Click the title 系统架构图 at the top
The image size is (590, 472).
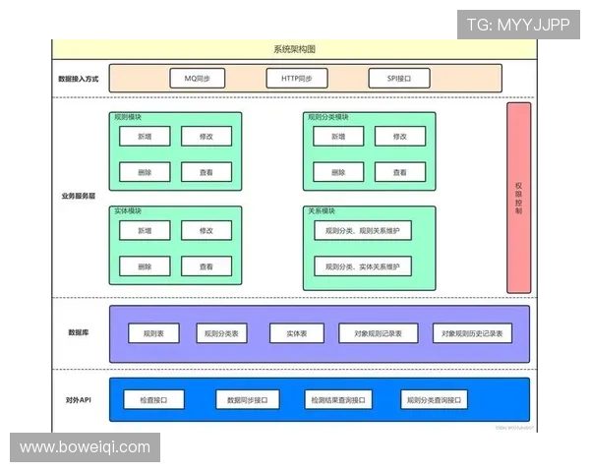click(x=294, y=49)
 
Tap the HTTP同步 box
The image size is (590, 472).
click(x=296, y=77)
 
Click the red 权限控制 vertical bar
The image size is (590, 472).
click(x=518, y=197)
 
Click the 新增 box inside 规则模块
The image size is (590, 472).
click(x=145, y=137)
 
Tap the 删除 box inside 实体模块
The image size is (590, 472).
click(x=145, y=266)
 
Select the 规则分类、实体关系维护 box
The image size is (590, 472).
click(x=363, y=266)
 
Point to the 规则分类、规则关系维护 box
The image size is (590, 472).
click(x=363, y=231)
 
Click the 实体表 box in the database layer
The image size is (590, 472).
click(x=297, y=334)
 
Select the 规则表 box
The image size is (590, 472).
click(x=153, y=334)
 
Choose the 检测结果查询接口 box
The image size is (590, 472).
click(x=337, y=400)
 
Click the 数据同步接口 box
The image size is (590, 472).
click(x=247, y=400)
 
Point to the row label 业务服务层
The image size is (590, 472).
click(x=78, y=196)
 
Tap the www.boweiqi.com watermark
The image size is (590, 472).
click(x=85, y=447)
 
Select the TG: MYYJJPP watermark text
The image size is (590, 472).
click(x=517, y=25)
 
